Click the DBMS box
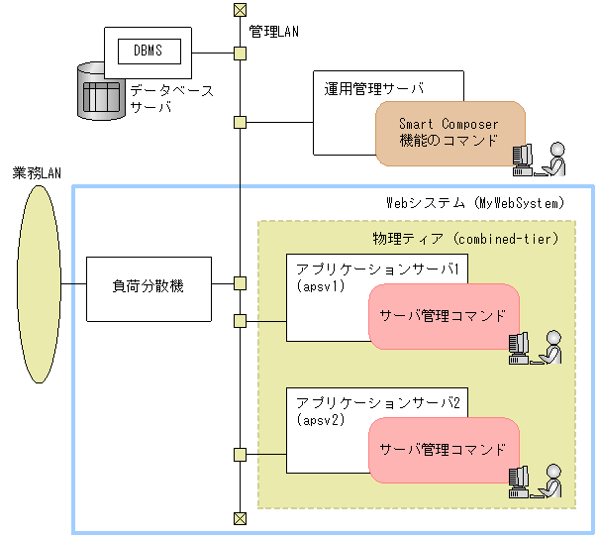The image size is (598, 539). (148, 49)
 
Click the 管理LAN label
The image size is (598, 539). (274, 32)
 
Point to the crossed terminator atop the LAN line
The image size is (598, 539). (239, 10)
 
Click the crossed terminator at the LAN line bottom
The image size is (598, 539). (239, 518)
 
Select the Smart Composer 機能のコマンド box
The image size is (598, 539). (448, 133)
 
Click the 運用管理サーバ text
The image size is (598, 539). (374, 87)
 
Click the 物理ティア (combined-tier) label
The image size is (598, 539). (465, 239)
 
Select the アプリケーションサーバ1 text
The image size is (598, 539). (382, 269)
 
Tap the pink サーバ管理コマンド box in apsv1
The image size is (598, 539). (444, 316)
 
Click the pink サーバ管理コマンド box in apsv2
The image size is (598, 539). (444, 449)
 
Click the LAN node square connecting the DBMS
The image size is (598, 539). (240, 53)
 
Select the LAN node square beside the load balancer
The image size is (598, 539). (240, 283)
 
